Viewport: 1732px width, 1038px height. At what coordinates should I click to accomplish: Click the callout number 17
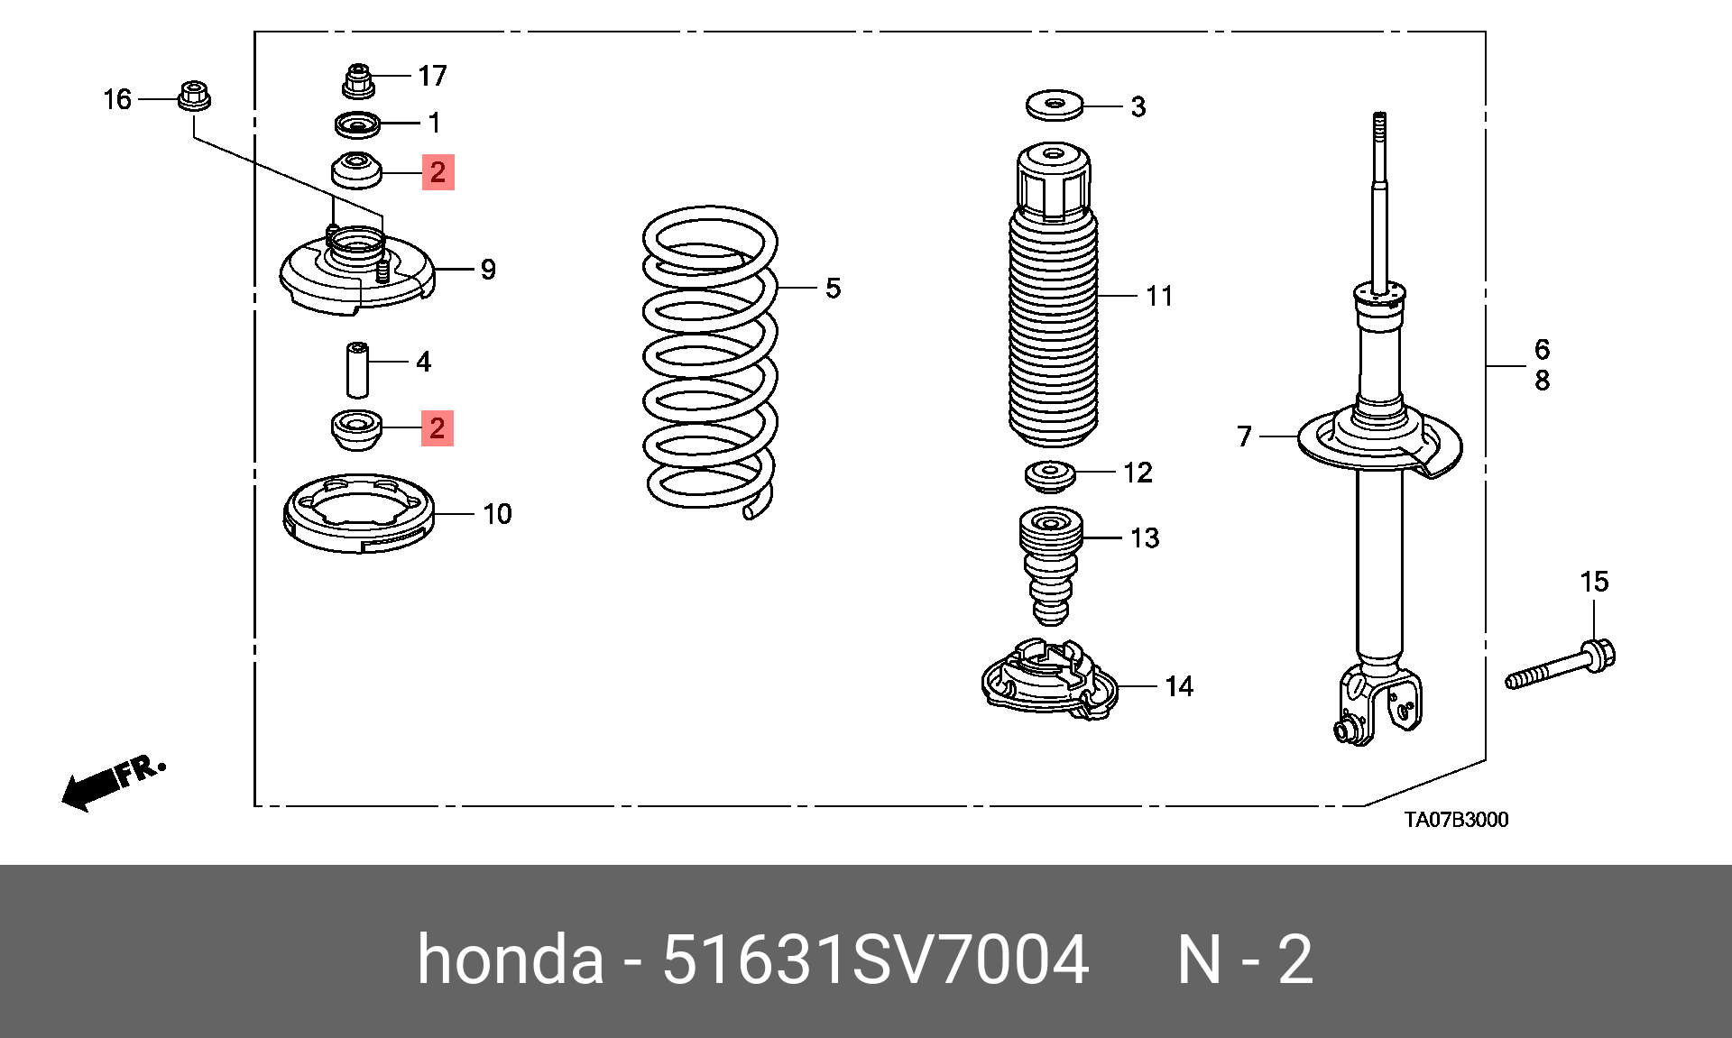point(432,76)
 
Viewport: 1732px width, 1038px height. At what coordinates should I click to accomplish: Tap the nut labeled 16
point(193,96)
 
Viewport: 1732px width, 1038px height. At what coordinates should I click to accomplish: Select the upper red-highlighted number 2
point(438,172)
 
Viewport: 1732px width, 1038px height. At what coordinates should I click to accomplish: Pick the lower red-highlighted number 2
point(438,428)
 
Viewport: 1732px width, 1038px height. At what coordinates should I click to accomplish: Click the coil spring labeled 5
point(710,361)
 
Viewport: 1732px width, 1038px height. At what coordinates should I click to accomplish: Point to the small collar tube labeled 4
point(358,369)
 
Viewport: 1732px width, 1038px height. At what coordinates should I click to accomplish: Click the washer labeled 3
point(1055,106)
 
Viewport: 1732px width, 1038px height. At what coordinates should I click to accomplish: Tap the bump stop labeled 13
point(1051,564)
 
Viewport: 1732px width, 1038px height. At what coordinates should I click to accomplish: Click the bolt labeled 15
point(1561,666)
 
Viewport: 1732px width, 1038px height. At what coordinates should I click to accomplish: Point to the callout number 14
point(1179,686)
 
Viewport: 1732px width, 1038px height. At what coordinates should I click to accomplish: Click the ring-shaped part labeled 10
point(358,513)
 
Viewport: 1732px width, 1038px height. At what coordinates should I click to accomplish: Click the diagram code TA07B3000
point(1456,820)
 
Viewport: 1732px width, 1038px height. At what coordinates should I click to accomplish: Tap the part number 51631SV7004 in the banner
point(875,960)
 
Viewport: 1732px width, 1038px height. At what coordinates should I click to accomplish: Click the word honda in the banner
point(510,960)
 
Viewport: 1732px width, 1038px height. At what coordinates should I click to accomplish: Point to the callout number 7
point(1245,436)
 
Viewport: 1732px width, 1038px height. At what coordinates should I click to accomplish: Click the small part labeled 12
point(1050,475)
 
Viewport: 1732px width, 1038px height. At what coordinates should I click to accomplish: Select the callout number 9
point(488,270)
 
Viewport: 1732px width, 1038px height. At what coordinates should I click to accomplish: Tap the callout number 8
point(1543,381)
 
